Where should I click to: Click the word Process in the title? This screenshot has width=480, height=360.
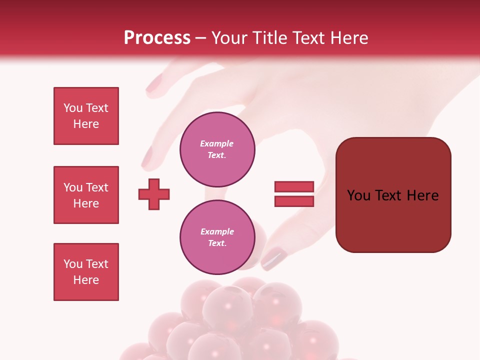157,38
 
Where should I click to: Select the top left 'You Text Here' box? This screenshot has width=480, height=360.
86,116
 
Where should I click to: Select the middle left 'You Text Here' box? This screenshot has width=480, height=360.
86,195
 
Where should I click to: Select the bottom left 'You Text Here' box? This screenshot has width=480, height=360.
86,272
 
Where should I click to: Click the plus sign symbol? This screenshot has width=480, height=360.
154,194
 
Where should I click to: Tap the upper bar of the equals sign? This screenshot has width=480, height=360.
294,186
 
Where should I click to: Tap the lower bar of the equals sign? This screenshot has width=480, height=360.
294,201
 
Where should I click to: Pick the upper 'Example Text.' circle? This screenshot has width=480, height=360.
217,149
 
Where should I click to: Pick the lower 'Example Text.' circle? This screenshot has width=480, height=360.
217,237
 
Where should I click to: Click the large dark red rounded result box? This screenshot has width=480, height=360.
393,195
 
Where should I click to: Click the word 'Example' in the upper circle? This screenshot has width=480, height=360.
217,143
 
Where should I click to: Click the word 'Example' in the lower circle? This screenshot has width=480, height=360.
217,231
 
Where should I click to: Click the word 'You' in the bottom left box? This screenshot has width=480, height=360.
73,264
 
